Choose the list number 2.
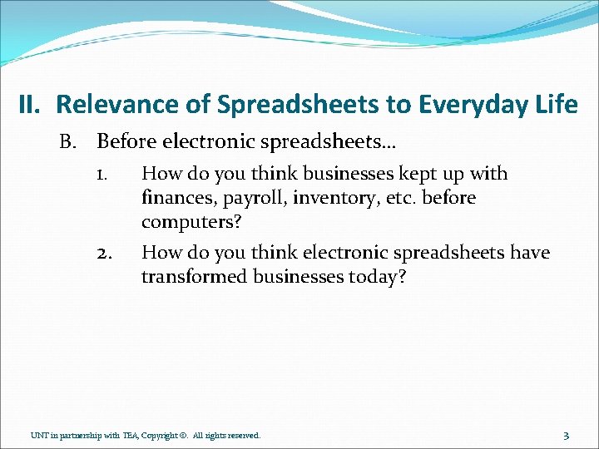[x=105, y=253]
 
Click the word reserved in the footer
[x=241, y=435]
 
